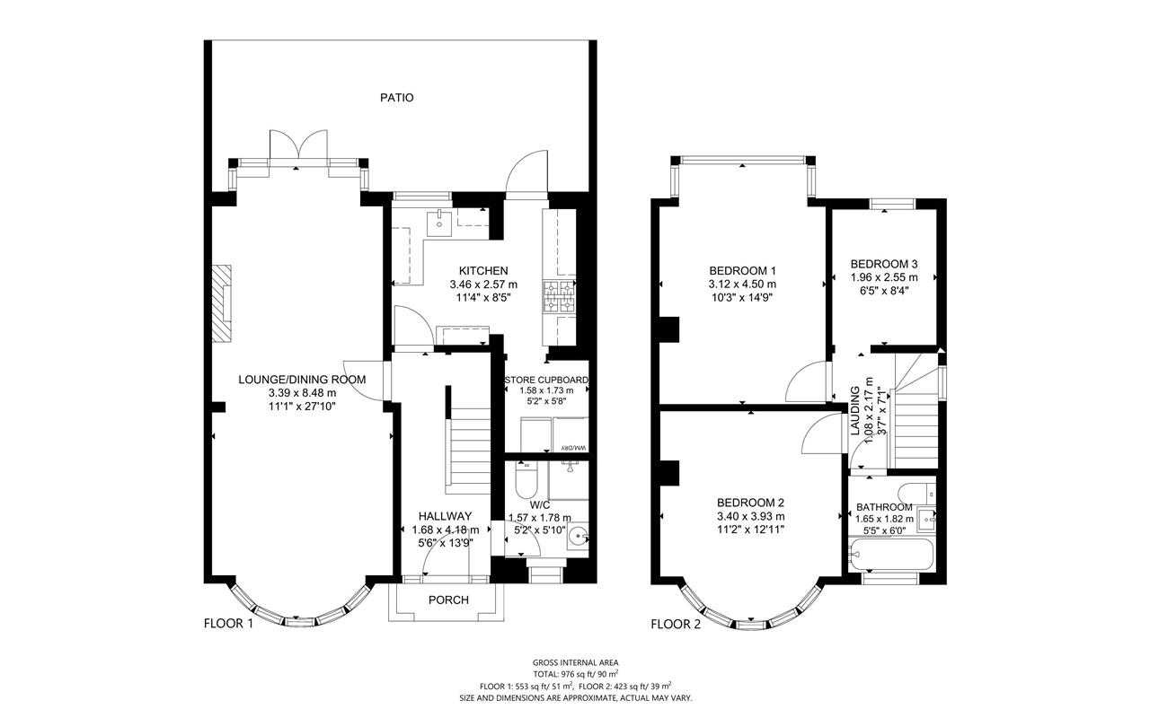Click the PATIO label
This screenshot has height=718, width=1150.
pos(397,98)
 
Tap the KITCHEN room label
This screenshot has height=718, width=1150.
pos(483,271)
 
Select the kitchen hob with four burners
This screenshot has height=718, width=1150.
pos(559,296)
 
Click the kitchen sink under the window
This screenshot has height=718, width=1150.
pos(439,223)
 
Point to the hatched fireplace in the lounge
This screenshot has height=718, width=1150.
pos(222,303)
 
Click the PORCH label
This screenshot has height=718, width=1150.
pos(448,600)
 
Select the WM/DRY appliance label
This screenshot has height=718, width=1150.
pos(573,448)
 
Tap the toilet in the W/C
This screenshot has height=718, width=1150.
pos(526,479)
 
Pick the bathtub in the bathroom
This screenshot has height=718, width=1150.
pos(890,555)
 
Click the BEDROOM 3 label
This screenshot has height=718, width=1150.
pos(884,264)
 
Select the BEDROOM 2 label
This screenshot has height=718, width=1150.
pos(750,503)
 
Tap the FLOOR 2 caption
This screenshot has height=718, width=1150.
pos(676,624)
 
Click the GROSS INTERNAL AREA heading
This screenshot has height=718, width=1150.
pos(576,662)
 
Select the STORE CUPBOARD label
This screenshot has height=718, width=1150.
pos(547,380)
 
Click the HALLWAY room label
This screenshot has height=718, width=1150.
pos(445,516)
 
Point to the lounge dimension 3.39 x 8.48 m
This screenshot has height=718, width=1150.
pos(303,393)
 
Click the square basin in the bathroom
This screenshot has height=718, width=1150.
pos(926,519)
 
